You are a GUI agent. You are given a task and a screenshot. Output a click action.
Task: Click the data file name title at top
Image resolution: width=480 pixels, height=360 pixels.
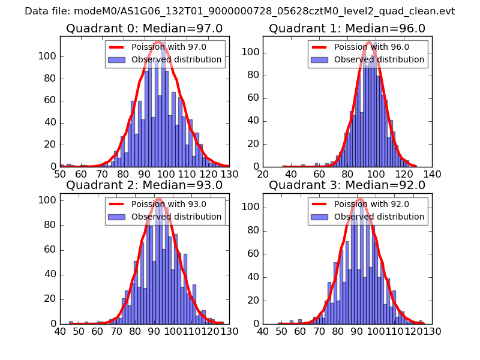(x=240, y=11)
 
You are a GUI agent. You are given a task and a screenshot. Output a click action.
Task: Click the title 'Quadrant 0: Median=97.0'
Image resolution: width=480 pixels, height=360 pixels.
(x=145, y=28)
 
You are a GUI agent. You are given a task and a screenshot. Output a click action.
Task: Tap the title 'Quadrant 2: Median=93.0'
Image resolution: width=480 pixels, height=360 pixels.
(x=145, y=185)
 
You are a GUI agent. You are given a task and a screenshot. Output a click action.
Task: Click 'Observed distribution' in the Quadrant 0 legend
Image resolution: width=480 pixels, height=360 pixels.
(x=176, y=59)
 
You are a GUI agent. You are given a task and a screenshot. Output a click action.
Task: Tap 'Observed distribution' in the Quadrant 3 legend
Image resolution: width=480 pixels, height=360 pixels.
(x=379, y=217)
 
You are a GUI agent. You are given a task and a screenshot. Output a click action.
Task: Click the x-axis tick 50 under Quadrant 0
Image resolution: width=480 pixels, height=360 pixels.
(x=60, y=174)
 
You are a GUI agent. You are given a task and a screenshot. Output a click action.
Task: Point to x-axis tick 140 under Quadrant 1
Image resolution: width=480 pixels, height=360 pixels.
(x=432, y=174)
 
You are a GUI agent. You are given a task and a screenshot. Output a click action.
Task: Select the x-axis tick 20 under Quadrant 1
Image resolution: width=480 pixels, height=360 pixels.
(x=263, y=174)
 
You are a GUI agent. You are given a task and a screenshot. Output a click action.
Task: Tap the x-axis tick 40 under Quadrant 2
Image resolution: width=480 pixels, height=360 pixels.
(x=60, y=331)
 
